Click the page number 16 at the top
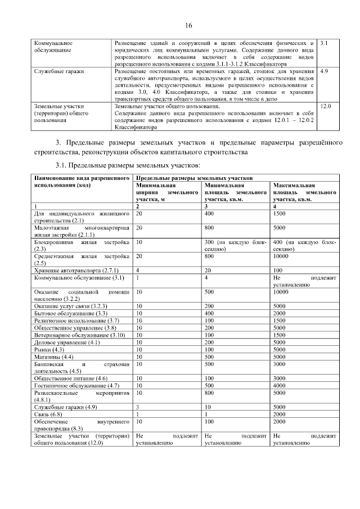pyautogui.click(x=188, y=25)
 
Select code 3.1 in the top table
pyautogui.click(x=323, y=43)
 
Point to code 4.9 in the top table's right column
pyautogui.click(x=323, y=72)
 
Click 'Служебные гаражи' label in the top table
pyautogui.click(x=55, y=72)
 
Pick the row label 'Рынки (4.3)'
pyautogui.click(x=49, y=349)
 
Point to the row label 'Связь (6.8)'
pyautogui.click(x=48, y=414)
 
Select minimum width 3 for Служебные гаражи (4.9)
pyautogui.click(x=138, y=407)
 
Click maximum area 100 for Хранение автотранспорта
pyautogui.click(x=278, y=271)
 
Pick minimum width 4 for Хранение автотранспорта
pyautogui.click(x=138, y=271)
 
